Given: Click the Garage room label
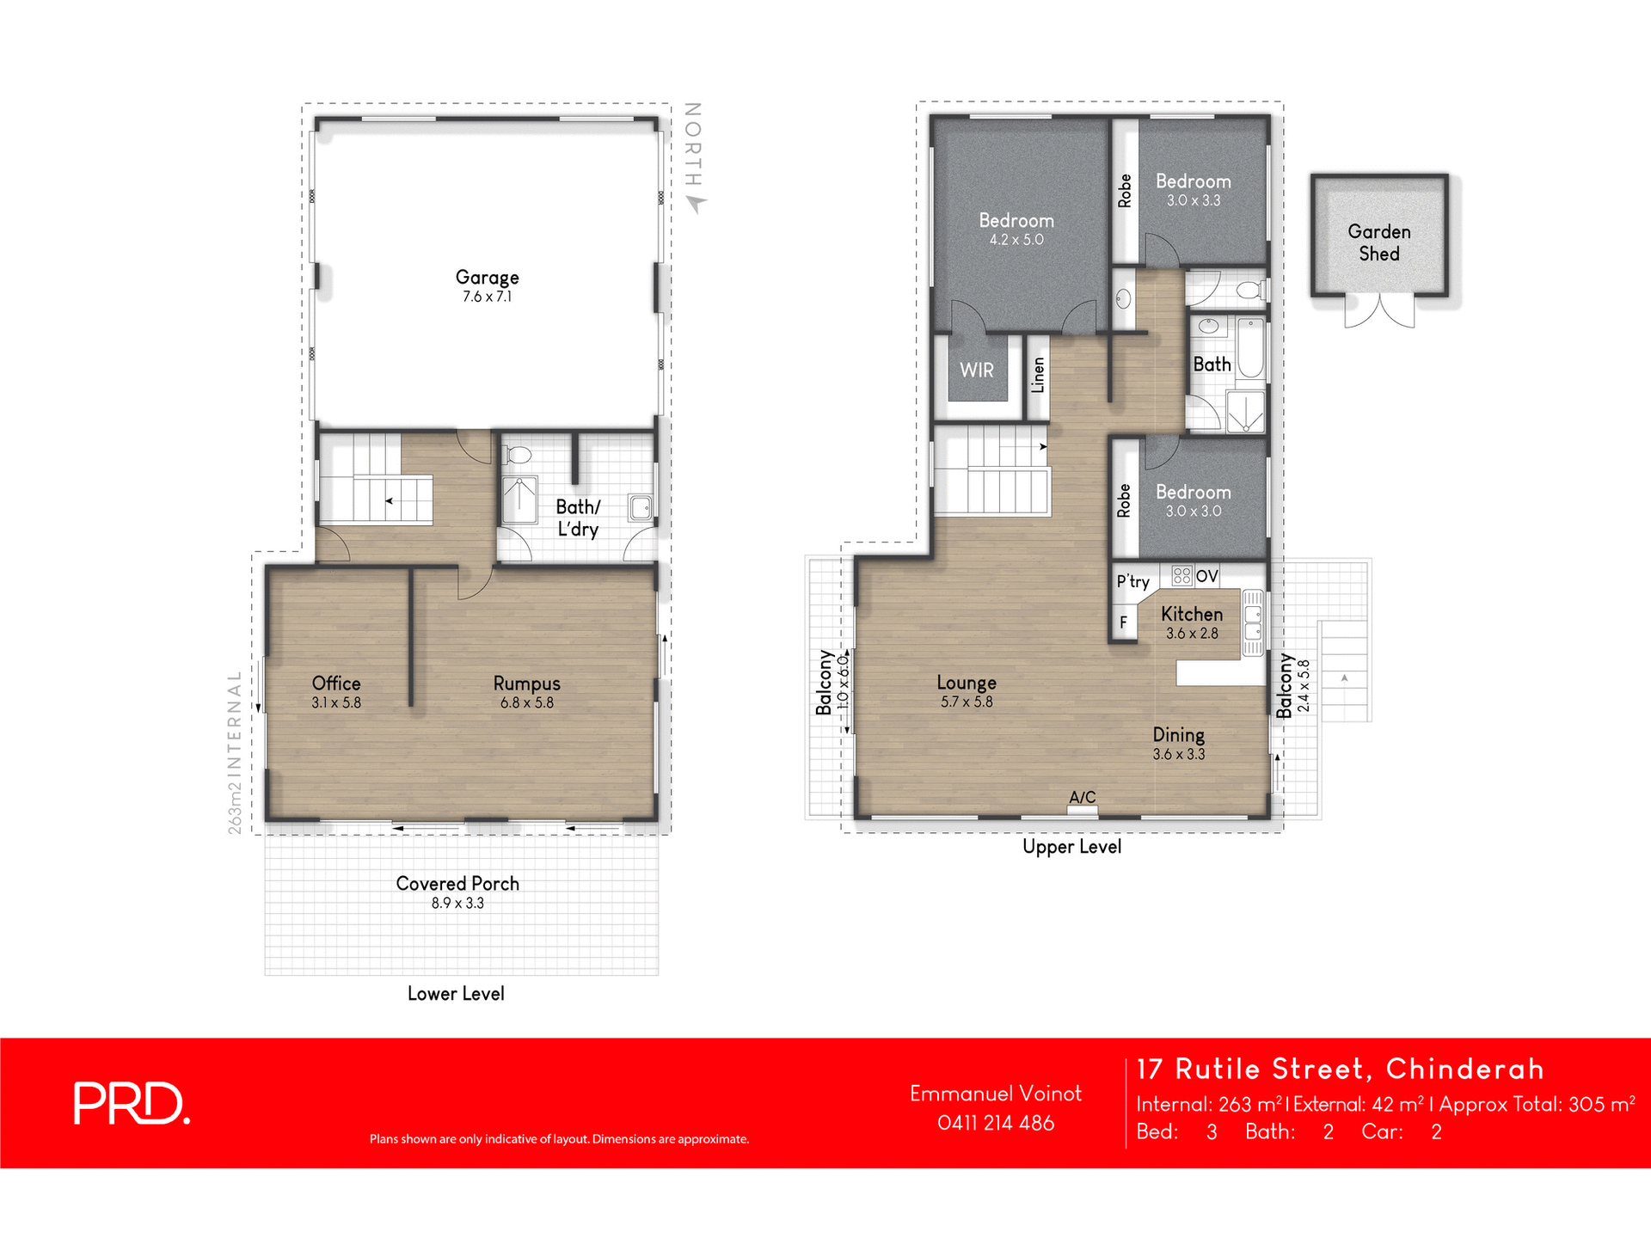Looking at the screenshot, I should [487, 278].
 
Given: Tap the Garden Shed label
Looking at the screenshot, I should [1378, 242].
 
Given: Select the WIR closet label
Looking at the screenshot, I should [976, 371].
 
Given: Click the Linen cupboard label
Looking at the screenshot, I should [1038, 376].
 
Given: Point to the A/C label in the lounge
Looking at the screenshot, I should [1082, 798].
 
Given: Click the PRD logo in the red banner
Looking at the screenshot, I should [131, 1103].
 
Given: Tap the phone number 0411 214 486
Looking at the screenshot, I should [995, 1123].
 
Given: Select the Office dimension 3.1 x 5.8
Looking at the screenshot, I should [336, 703].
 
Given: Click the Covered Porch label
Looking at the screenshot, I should [457, 884].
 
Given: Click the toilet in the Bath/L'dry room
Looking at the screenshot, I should [519, 455].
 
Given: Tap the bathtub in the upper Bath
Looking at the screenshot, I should [1250, 349].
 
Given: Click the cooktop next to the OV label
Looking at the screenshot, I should [1181, 575].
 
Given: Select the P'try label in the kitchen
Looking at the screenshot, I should [1132, 581].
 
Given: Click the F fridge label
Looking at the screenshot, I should [1123, 622].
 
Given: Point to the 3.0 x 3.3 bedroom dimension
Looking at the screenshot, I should [1193, 201].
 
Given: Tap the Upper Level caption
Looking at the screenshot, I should [1071, 847].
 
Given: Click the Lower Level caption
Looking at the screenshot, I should [456, 994].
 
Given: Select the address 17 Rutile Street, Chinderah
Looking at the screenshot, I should [1340, 1069].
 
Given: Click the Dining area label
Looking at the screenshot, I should [1178, 735].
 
